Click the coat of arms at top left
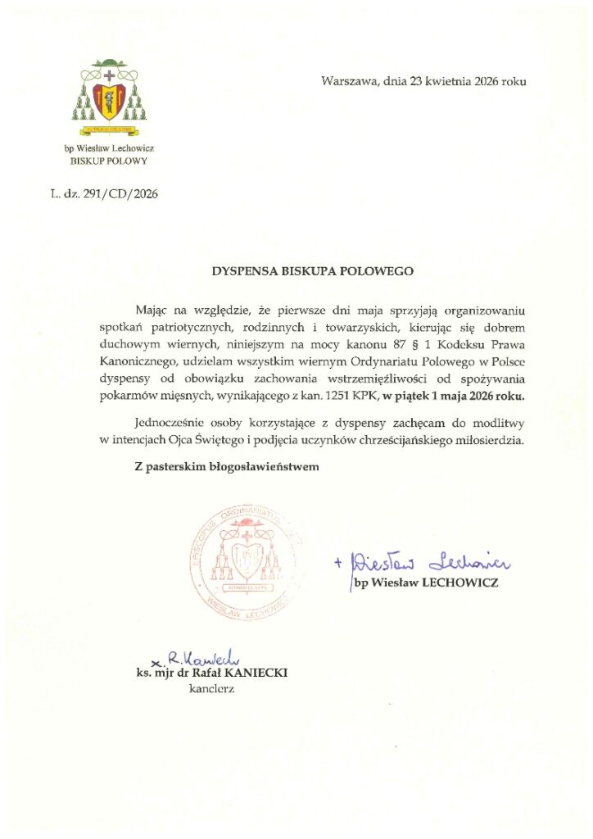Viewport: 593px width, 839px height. [x=109, y=96]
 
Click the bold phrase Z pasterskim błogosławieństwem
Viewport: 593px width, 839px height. [x=226, y=467]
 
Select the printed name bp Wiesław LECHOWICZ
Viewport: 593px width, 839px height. [x=425, y=583]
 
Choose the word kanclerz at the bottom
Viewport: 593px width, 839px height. [x=211, y=689]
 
